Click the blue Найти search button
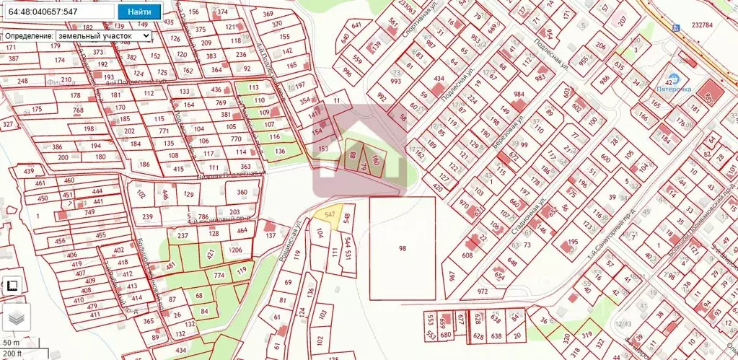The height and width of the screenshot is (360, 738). coord(139,12)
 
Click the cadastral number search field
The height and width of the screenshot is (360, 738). coord(58,12)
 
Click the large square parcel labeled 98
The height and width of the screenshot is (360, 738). coord(403,248)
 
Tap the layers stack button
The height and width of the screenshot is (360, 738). coord(16,316)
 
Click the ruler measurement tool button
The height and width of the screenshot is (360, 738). coord(12,286)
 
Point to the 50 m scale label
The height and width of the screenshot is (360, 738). coord(11,342)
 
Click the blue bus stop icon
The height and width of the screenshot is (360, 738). coord(675,27)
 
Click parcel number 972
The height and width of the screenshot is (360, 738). coord(483,291)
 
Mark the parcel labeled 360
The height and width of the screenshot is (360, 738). coord(242,193)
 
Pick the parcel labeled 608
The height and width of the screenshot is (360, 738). coord(467,255)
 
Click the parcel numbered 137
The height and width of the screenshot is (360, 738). coord(271,235)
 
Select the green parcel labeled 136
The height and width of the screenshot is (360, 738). coord(281,151)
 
